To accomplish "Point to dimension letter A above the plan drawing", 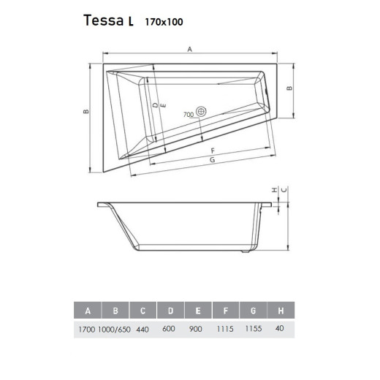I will click(x=189, y=49).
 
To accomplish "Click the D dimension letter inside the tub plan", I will click(x=155, y=106).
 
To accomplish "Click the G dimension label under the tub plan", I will click(x=211, y=159).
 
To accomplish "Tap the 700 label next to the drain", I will click(x=188, y=114).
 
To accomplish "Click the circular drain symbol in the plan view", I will click(x=202, y=113).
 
